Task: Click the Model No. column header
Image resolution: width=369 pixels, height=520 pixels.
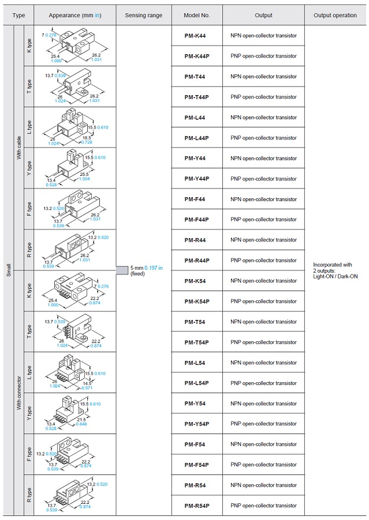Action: [196, 15]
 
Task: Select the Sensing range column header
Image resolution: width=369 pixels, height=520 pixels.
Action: [143, 15]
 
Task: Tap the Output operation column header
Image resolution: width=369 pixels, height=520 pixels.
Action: [335, 15]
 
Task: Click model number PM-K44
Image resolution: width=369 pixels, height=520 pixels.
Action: [195, 36]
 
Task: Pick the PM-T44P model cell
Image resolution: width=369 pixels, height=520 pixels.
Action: [196, 97]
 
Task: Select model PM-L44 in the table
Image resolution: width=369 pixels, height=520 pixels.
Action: [195, 118]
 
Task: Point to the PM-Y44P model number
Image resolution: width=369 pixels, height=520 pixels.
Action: [196, 179]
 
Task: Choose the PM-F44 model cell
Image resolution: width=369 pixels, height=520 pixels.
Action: [195, 199]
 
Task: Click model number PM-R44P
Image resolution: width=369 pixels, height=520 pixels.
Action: [197, 261]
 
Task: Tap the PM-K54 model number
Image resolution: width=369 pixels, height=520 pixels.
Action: [195, 281]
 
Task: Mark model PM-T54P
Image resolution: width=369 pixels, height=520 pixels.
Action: [196, 342]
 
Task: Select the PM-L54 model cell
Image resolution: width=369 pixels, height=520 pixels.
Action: [195, 363]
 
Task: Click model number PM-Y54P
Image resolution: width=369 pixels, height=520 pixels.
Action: [196, 424]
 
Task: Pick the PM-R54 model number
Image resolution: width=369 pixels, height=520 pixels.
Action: [195, 485]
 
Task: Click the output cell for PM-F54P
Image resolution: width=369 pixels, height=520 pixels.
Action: [263, 465]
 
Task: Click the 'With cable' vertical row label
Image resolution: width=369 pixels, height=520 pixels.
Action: [19, 148]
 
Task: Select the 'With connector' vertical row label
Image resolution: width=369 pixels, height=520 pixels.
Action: [19, 393]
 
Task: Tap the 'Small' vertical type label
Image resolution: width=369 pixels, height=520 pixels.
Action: [9, 270]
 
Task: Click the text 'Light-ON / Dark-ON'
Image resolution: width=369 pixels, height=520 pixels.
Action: [336, 277]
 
